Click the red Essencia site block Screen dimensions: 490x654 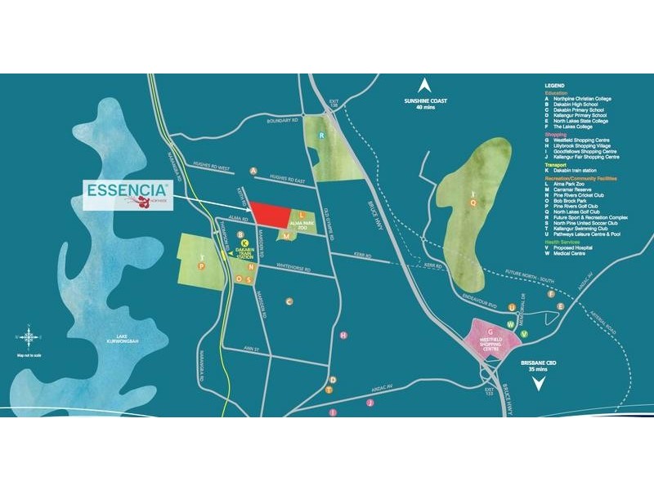[x=270, y=215]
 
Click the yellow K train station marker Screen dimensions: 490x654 [x=244, y=242]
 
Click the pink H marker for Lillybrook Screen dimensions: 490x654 [x=343, y=336]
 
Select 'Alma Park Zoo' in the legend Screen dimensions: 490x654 [x=573, y=184]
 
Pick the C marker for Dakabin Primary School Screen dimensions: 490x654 [x=289, y=301]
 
